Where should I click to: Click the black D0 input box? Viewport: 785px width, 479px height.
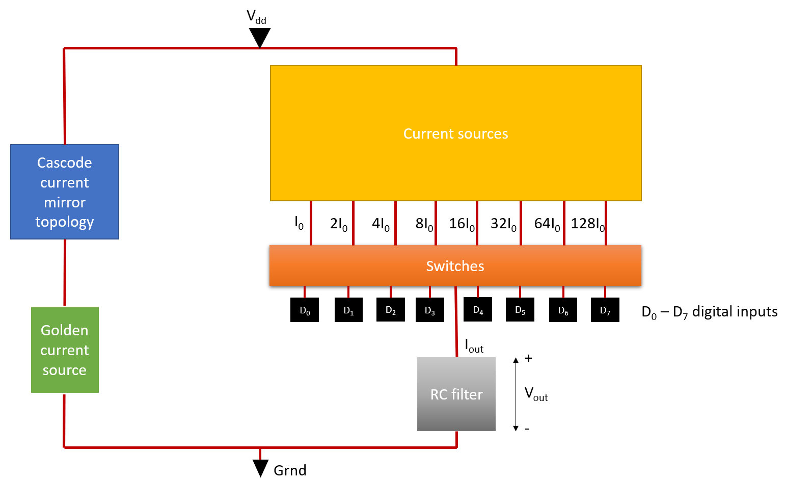(x=305, y=310)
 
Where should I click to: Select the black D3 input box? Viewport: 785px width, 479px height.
(x=429, y=310)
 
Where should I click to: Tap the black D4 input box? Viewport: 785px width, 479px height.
(x=478, y=309)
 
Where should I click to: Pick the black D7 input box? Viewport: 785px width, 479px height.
(x=605, y=310)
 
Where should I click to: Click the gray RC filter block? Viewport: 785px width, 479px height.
(x=456, y=394)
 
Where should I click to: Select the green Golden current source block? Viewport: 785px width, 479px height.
(x=65, y=350)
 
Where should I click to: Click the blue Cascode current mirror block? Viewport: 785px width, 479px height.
(x=65, y=192)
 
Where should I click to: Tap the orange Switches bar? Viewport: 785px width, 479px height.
(x=455, y=265)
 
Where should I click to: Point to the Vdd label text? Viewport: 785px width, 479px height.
(x=257, y=17)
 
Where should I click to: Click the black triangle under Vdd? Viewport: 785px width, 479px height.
(x=260, y=37)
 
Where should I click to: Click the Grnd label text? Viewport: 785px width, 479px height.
(x=290, y=470)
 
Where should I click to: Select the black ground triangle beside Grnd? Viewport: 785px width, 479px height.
(x=260, y=467)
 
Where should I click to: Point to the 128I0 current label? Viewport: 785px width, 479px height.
(x=588, y=224)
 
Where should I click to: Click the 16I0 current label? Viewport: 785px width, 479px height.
(x=462, y=224)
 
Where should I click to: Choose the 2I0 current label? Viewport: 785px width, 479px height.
(x=339, y=224)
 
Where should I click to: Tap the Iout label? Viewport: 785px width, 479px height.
(x=474, y=346)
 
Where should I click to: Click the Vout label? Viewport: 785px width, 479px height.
(x=536, y=394)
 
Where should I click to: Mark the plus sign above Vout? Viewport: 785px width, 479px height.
(x=528, y=358)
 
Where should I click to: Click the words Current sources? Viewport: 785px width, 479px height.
(x=455, y=134)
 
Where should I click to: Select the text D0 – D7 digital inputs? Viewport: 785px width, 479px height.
(x=710, y=312)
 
